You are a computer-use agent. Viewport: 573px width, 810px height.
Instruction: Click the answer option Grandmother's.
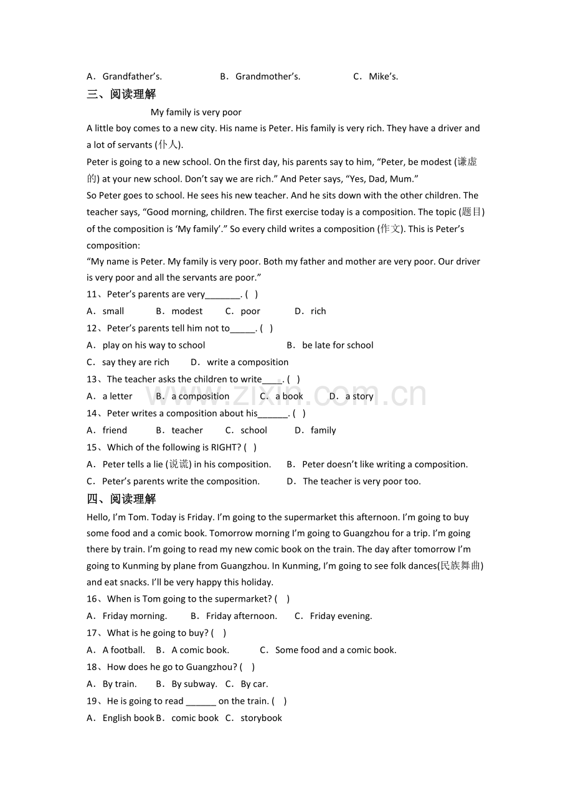[260, 77]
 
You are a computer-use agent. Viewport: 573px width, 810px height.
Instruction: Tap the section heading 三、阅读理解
[121, 95]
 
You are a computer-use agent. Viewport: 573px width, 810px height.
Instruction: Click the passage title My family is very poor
[196, 113]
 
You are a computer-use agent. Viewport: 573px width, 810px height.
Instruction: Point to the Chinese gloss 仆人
[168, 145]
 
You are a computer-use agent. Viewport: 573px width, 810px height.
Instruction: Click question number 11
[92, 294]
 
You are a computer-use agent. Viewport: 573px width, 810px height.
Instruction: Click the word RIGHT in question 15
[226, 447]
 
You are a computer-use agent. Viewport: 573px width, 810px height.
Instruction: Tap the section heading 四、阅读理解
[121, 499]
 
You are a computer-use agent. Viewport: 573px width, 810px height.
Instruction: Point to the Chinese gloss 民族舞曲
[461, 566]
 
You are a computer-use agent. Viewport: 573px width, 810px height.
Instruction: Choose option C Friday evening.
[334, 616]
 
